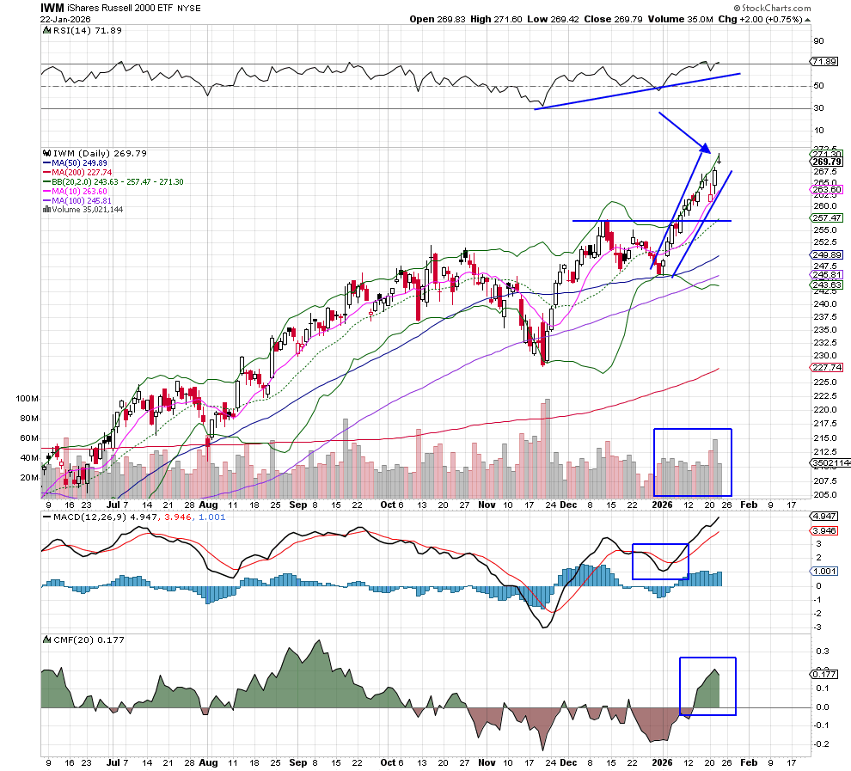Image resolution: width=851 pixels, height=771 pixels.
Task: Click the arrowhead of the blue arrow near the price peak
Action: point(707,149)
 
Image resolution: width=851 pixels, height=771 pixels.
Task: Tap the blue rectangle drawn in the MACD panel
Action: point(660,561)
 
